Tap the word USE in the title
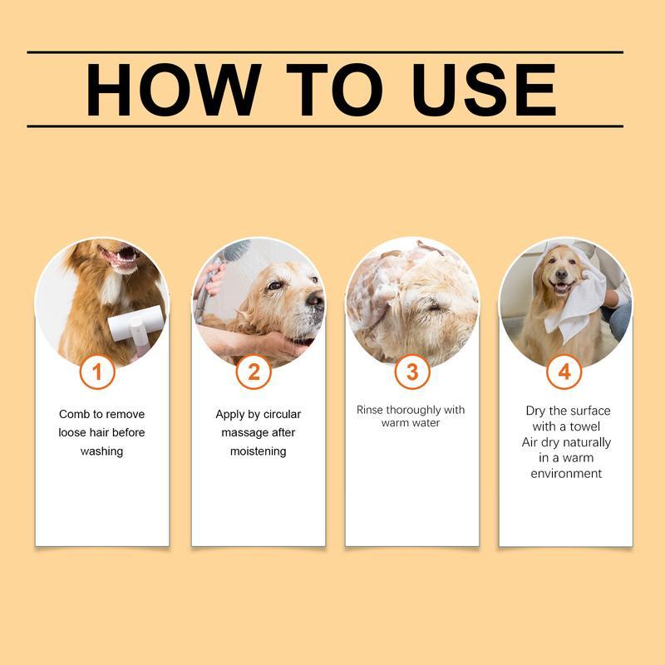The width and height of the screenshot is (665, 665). click(483, 89)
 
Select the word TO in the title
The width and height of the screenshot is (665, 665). click(335, 89)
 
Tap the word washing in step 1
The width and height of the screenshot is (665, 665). click(101, 451)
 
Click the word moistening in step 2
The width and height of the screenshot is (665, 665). click(258, 451)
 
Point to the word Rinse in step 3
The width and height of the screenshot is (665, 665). click(372, 410)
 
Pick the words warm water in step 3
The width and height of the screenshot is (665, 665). click(411, 423)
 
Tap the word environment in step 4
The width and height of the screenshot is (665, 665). click(566, 474)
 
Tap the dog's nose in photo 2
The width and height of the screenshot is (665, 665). click(314, 299)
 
